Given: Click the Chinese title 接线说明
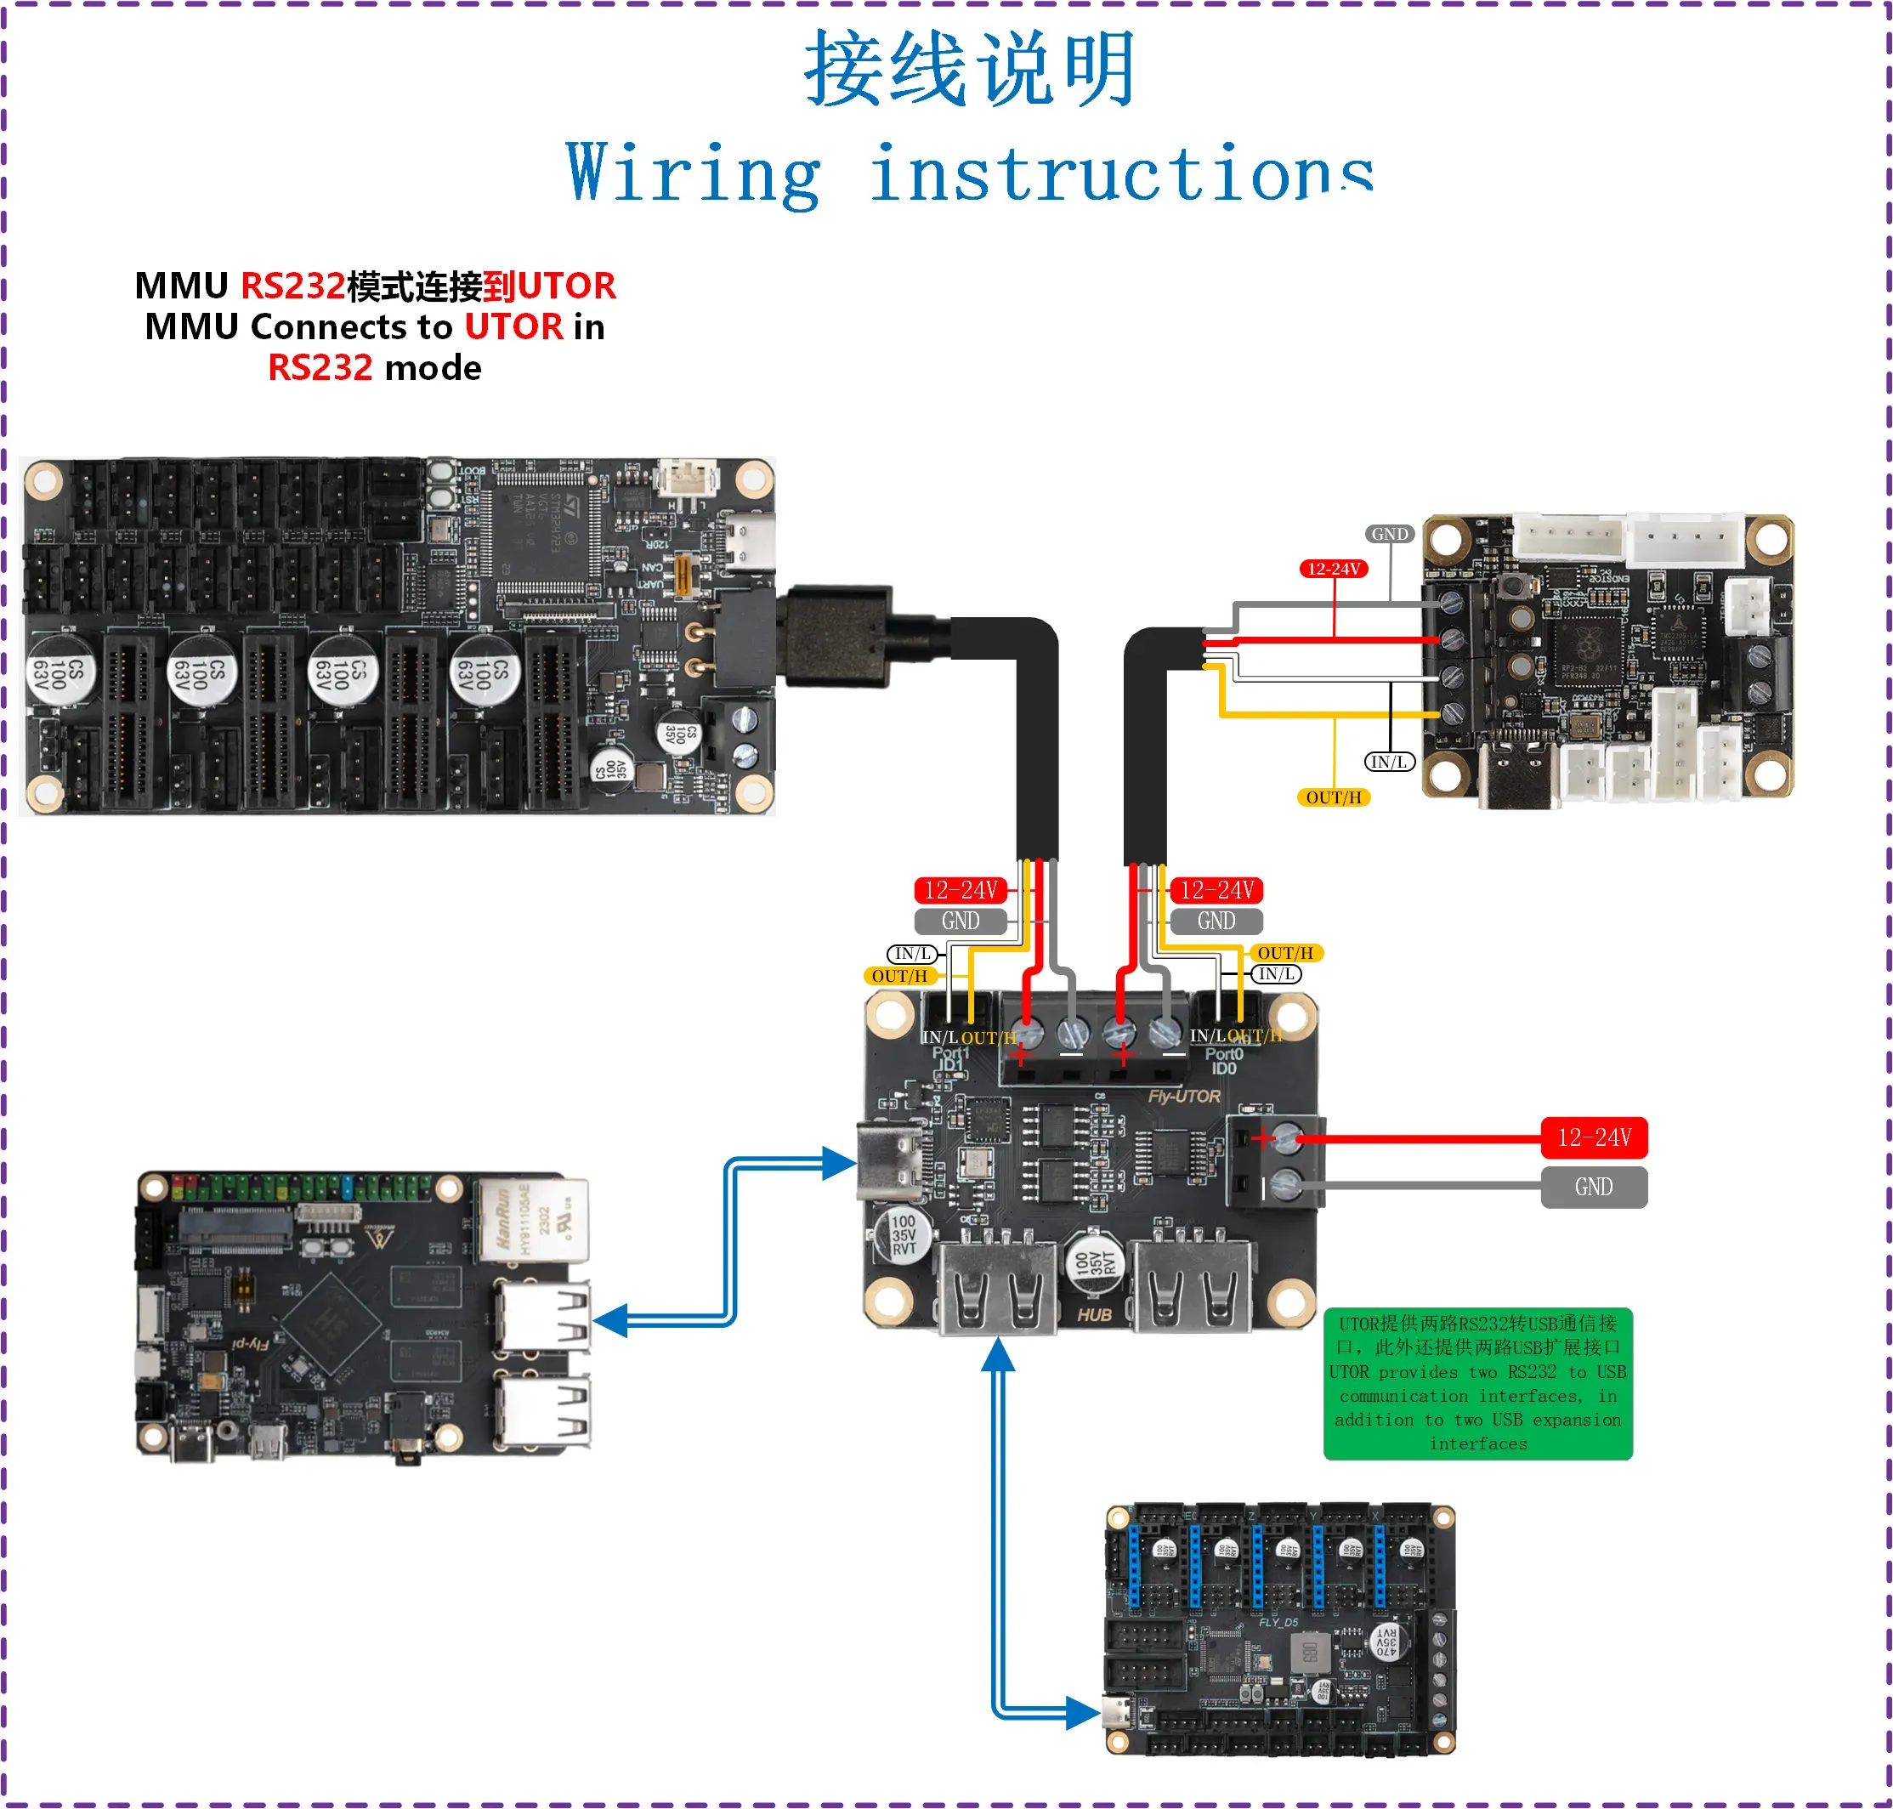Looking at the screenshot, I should click(x=968, y=69).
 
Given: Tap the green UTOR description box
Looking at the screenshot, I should click(x=1476, y=1383).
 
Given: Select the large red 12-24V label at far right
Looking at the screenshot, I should click(x=1592, y=1138).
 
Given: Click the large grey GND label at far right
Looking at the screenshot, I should click(x=1592, y=1187).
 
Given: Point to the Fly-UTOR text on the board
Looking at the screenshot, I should click(x=1183, y=1097).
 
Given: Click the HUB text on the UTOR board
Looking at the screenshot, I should click(x=1094, y=1315).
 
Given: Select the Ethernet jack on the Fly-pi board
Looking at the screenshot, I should click(x=530, y=1220).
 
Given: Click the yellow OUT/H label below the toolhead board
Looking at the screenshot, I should click(x=1333, y=797).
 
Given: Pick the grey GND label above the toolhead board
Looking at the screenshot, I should click(x=1389, y=534).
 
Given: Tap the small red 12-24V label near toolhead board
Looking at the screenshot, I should click(x=1333, y=569).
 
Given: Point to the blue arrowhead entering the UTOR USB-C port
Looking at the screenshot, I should click(x=838, y=1163).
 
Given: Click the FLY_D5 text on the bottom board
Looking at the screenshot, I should click(x=1278, y=1622).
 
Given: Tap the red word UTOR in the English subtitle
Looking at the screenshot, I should click(x=513, y=327).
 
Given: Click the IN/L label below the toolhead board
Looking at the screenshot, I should click(x=1389, y=762).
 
